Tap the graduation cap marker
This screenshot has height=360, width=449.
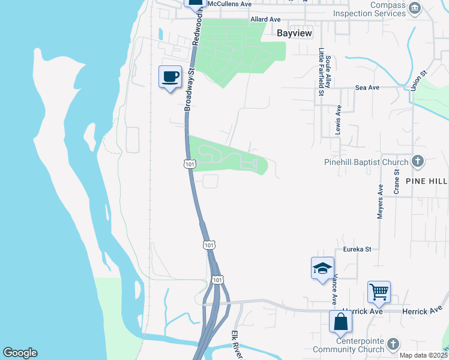(x=322, y=268)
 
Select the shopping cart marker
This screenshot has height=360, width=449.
(x=379, y=292)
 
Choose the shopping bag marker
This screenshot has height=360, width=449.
(x=340, y=322)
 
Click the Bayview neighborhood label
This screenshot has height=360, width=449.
(x=294, y=34)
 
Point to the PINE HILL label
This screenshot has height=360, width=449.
(x=426, y=181)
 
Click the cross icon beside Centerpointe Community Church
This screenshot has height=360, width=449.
(x=393, y=344)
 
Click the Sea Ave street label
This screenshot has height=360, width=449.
(x=367, y=88)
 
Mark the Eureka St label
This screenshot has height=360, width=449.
(x=358, y=249)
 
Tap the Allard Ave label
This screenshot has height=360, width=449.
(x=265, y=19)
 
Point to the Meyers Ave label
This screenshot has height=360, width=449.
(x=381, y=201)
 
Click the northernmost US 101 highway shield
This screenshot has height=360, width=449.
(x=190, y=164)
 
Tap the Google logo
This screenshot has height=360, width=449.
(x=20, y=353)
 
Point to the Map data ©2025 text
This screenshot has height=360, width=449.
(x=423, y=355)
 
